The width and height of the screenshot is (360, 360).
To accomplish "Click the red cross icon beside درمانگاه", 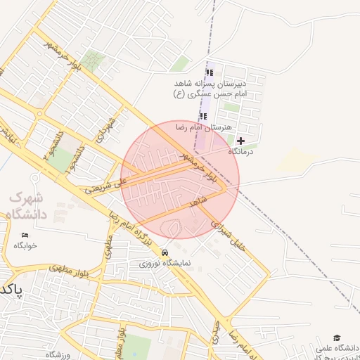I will (x=241, y=141).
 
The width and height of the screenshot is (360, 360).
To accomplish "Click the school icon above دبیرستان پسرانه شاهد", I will (x=209, y=73).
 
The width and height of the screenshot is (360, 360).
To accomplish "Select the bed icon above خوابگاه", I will (x=25, y=235).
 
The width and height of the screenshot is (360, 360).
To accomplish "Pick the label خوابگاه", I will (x=25, y=245).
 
